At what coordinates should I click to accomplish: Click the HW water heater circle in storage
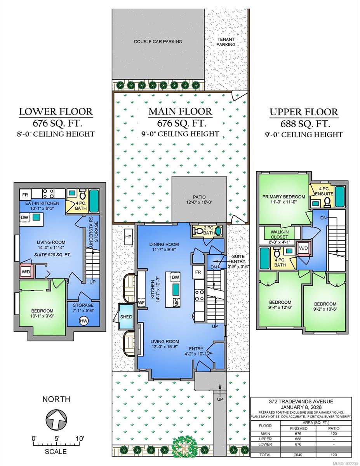coord(83,321)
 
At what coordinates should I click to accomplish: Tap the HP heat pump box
coord(128,237)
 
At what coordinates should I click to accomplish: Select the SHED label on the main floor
coord(126,317)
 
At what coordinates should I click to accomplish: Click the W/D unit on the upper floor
coord(303,248)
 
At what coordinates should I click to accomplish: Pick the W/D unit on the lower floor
coord(26,272)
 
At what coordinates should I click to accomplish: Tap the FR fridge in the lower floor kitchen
coord(25,195)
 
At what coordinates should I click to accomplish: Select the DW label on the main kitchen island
coord(175,277)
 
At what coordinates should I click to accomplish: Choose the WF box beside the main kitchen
coord(141,303)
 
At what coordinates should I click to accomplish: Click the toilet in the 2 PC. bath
coord(198,231)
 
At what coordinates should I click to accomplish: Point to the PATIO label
coord(199,197)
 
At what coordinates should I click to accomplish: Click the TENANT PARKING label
coord(226,42)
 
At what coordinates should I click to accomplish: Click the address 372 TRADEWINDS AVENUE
coord(301,402)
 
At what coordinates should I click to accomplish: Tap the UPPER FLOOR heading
coord(304,112)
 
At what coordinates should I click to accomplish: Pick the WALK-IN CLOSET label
coord(279,235)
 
